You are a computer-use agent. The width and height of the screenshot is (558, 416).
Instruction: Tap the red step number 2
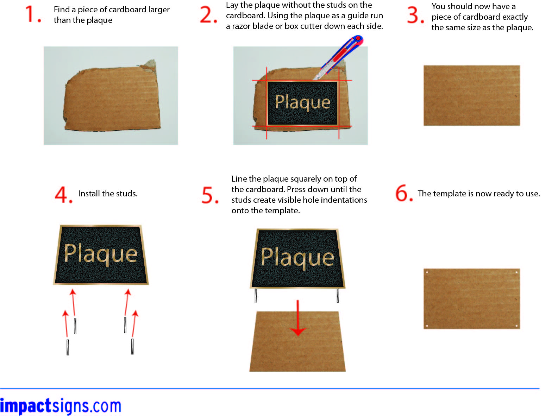pyautogui.click(x=208, y=15)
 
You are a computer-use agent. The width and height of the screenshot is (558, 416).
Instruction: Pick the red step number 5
pyautogui.click(x=210, y=195)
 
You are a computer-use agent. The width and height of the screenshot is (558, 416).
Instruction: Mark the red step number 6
pyautogui.click(x=403, y=193)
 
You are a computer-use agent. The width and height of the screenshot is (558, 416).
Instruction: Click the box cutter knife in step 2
pyautogui.click(x=338, y=57)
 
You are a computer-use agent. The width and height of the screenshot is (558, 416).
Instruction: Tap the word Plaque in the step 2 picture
pyautogui.click(x=302, y=102)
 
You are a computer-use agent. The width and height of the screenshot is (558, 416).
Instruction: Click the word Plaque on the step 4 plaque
pyautogui.click(x=100, y=254)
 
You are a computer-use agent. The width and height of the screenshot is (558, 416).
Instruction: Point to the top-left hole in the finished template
pyautogui.click(x=427, y=272)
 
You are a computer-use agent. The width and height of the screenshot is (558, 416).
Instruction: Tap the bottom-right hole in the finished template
pyautogui.click(x=516, y=326)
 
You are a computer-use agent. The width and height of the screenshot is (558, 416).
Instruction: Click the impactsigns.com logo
pyautogui.click(x=61, y=405)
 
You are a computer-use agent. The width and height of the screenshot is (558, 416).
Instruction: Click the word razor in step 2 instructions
pyautogui.click(x=241, y=26)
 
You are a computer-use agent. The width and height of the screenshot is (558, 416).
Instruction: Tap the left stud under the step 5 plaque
pyautogui.click(x=256, y=295)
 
